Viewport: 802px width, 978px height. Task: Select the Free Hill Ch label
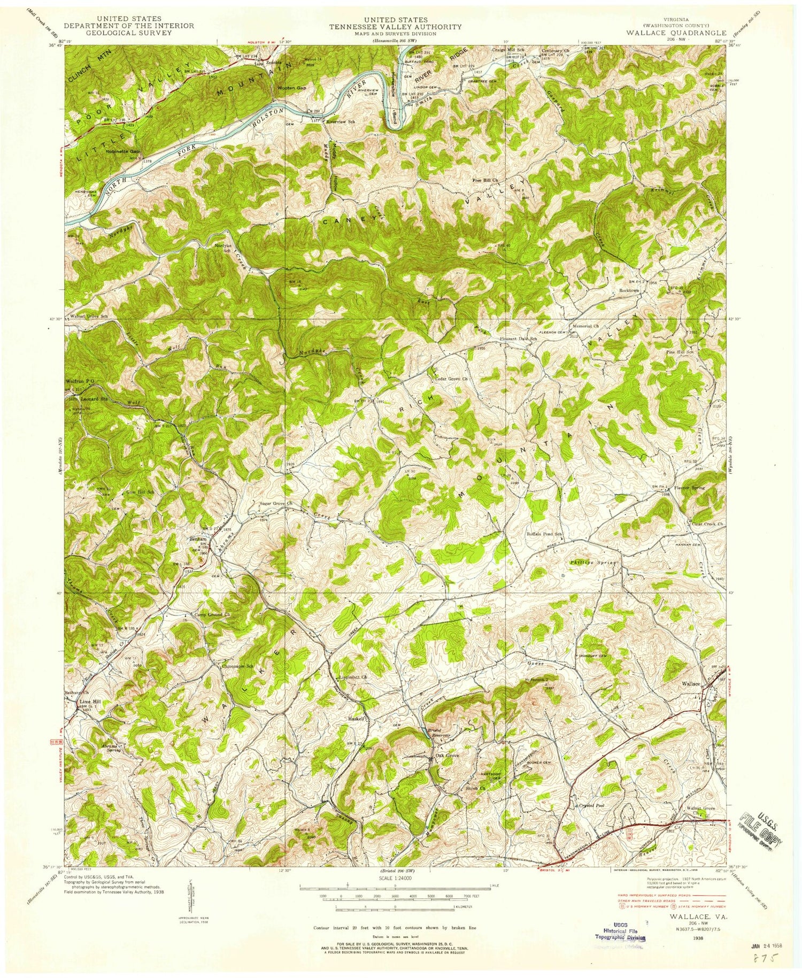pyautogui.click(x=484, y=180)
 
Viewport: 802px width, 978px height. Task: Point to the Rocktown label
pyautogui.click(x=629, y=290)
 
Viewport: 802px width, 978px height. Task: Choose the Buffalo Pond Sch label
pyautogui.click(x=544, y=534)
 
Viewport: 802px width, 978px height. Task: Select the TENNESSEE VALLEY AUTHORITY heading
pyautogui.click(x=396, y=27)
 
